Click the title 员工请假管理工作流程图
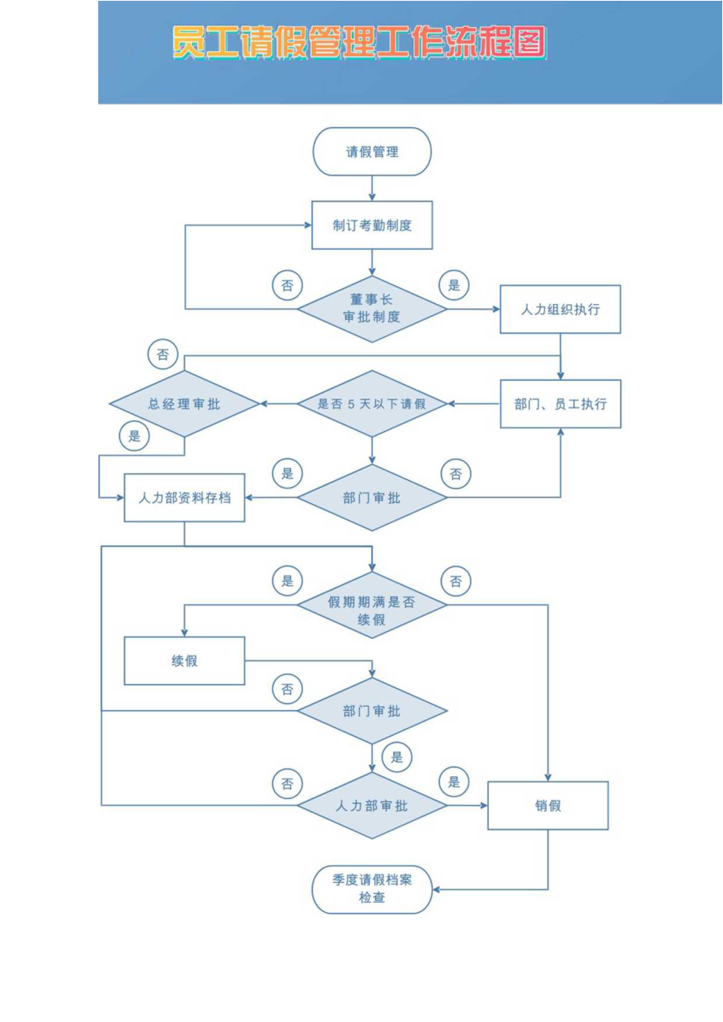[359, 43]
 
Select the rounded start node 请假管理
[372, 152]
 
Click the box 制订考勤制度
[372, 225]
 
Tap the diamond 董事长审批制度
[372, 309]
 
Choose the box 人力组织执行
[560, 309]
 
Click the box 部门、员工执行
[560, 404]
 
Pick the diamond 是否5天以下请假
[372, 404]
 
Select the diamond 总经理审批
[184, 404]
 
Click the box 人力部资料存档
[184, 497]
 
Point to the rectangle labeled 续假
[184, 661]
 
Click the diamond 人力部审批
[372, 805]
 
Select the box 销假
[548, 805]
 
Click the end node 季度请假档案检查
[372, 889]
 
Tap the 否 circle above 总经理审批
[162, 354]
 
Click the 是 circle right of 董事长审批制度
[453, 285]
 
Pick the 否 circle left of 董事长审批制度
[287, 285]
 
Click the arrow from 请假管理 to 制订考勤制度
[372, 188]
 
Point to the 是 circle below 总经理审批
[134, 436]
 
